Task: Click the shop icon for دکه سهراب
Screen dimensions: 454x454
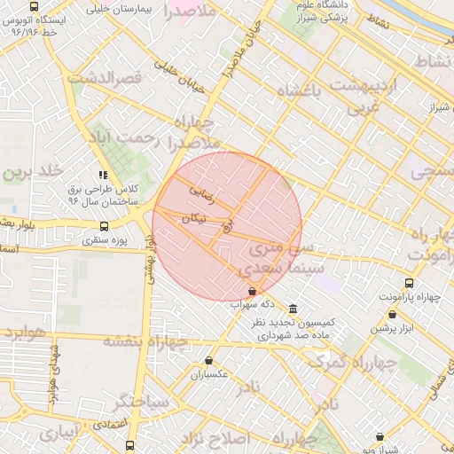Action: coord(253,290)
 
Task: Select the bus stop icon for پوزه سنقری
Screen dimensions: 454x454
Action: coord(105,225)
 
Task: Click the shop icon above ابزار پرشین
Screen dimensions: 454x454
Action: coord(391,314)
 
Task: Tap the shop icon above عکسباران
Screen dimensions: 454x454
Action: coord(208,360)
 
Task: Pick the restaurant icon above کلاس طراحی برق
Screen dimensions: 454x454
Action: coord(104,176)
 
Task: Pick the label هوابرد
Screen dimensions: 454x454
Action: coord(23,333)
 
